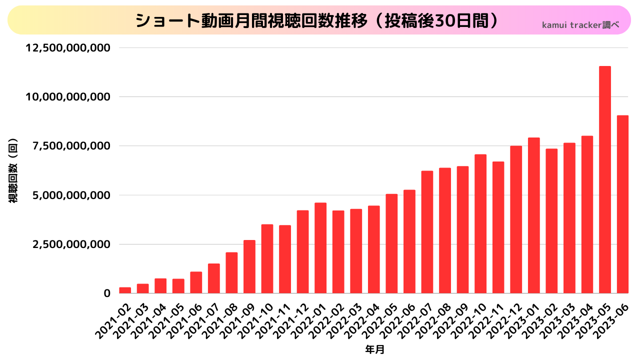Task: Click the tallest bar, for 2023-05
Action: click(604, 180)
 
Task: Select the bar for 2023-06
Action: click(622, 204)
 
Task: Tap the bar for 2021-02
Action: click(125, 290)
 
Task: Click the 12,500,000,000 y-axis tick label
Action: click(67, 48)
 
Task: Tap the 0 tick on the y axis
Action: click(106, 293)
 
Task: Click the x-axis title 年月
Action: click(374, 349)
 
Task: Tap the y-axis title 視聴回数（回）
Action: click(13, 170)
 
